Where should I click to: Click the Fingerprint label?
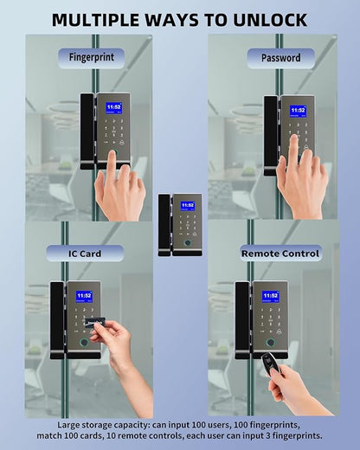(x=92, y=57)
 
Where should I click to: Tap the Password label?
(x=281, y=58)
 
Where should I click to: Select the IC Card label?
(x=85, y=254)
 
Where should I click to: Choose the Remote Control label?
(x=280, y=254)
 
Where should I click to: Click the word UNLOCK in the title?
(x=270, y=20)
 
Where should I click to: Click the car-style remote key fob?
(x=268, y=365)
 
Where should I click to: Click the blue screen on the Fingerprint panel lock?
(x=113, y=108)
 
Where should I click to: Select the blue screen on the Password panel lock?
(x=298, y=112)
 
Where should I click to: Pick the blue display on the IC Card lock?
(x=84, y=297)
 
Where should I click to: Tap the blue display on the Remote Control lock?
(x=270, y=297)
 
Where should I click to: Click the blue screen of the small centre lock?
(x=188, y=206)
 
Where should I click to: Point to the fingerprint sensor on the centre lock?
(x=188, y=243)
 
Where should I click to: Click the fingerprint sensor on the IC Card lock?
(x=84, y=343)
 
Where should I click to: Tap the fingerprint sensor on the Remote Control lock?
(x=271, y=343)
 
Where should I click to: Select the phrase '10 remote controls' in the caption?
(x=145, y=435)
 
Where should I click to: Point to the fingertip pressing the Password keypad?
(x=293, y=140)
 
